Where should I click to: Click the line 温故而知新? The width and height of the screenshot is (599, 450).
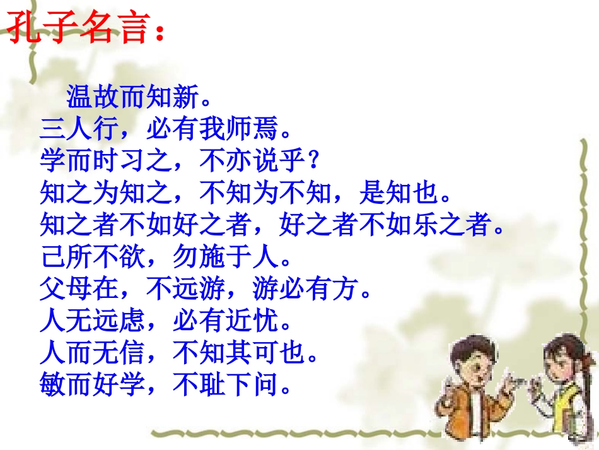point(137,98)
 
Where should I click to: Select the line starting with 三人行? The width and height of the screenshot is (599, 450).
point(165,130)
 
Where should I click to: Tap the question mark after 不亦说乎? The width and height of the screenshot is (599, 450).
point(316,162)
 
